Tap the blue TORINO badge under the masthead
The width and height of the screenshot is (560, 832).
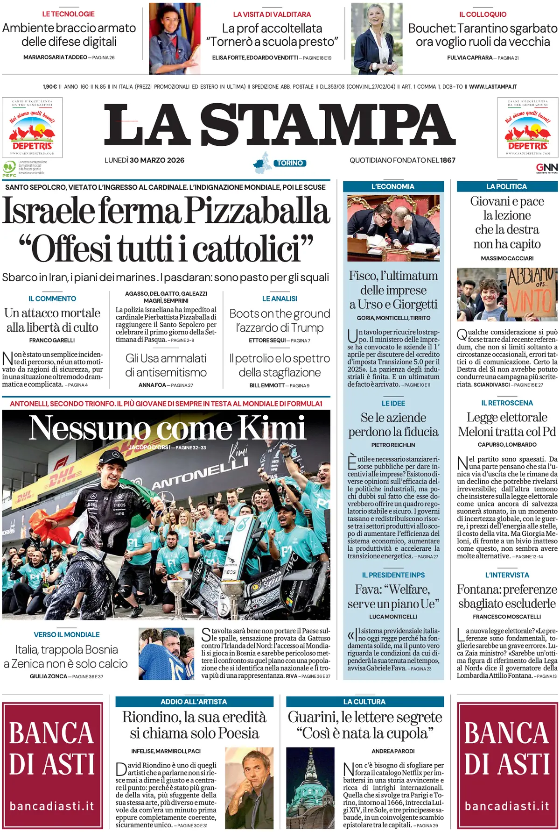tap(290, 163)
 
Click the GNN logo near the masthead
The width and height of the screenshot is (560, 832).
tap(546, 168)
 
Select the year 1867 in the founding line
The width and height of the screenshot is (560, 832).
tap(448, 160)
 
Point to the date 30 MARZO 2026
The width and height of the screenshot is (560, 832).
tap(157, 160)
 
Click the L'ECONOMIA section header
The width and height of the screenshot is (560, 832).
tap(393, 186)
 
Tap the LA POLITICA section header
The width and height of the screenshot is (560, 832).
tap(506, 186)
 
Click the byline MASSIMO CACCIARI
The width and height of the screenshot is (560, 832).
tap(507, 258)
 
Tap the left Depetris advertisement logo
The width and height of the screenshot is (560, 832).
tap(32, 127)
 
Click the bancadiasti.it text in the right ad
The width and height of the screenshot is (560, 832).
tap(507, 806)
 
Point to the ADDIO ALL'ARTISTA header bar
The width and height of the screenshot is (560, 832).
tap(194, 702)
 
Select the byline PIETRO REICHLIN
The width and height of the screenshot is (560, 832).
tap(393, 445)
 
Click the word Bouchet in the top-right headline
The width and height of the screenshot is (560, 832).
tap(431, 28)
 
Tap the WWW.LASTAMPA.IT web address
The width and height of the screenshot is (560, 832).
tap(493, 87)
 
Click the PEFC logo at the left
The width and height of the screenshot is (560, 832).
tap(9, 169)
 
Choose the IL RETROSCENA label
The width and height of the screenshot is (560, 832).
tap(507, 403)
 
